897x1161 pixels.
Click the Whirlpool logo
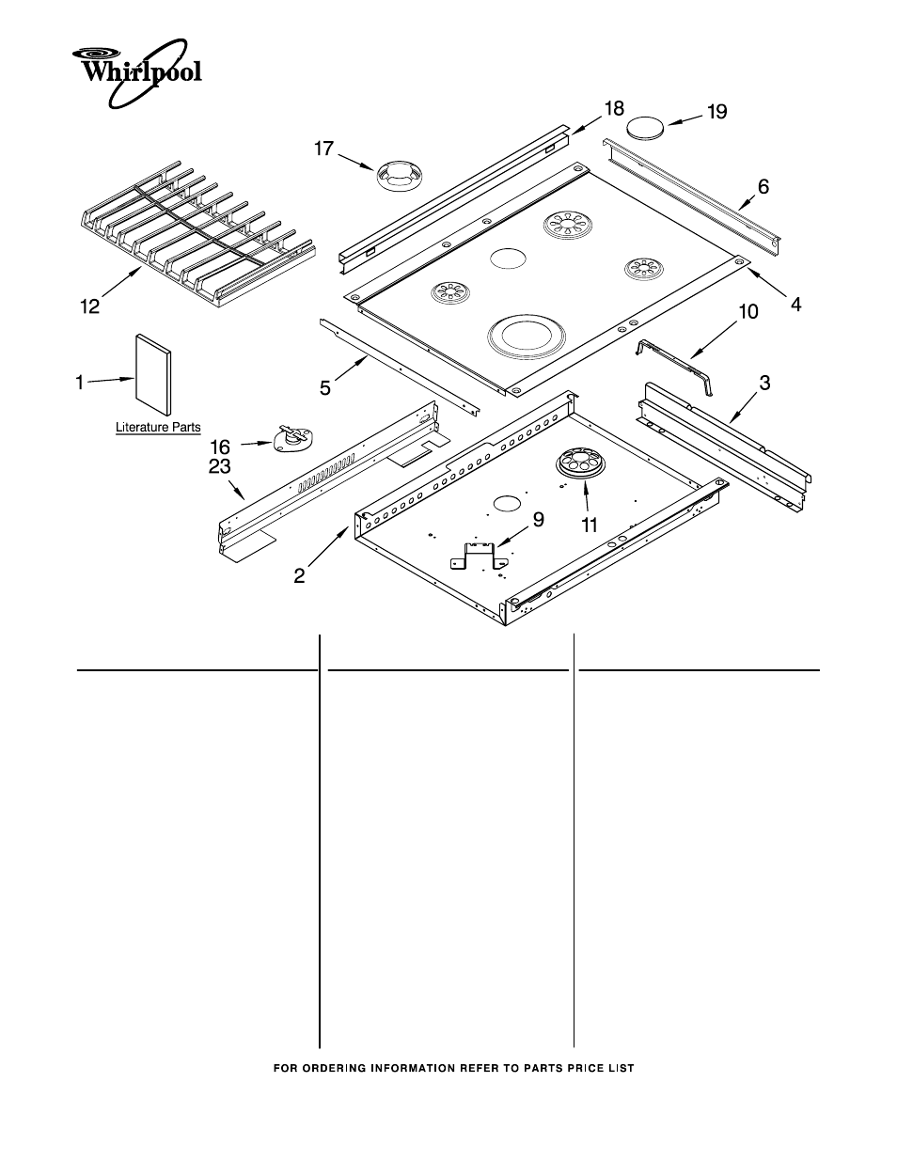click(x=137, y=73)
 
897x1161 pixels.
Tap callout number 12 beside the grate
click(x=89, y=306)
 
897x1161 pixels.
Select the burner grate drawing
click(x=197, y=236)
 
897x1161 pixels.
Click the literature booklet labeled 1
click(x=154, y=374)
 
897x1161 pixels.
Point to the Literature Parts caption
click(x=158, y=428)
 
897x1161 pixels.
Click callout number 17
click(x=323, y=148)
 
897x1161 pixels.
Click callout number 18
click(x=614, y=108)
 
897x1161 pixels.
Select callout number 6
click(x=763, y=187)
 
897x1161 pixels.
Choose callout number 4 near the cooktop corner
click(x=795, y=305)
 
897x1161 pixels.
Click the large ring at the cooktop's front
click(x=520, y=337)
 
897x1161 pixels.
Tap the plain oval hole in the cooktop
click(x=508, y=259)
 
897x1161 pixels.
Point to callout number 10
click(x=747, y=312)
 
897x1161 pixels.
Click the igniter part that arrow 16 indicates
click(x=293, y=439)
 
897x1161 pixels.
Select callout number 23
click(x=220, y=467)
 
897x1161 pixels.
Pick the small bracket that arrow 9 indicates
click(x=479, y=557)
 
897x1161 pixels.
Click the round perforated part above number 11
click(x=583, y=463)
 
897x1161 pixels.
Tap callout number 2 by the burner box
click(x=299, y=575)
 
